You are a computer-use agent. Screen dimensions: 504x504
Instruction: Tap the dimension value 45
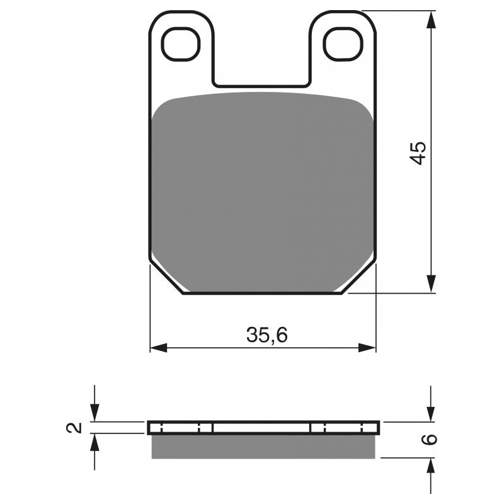click(x=418, y=153)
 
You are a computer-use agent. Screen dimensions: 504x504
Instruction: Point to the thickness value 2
click(x=75, y=428)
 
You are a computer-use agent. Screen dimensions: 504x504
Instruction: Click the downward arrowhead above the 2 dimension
click(x=94, y=413)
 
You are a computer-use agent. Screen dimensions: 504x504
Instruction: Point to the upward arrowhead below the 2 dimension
click(x=94, y=442)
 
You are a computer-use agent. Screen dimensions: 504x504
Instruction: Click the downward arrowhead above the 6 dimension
click(x=431, y=413)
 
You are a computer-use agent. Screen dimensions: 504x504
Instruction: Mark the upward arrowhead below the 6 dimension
click(x=431, y=467)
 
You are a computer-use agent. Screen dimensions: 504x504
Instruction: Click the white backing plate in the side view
click(x=263, y=428)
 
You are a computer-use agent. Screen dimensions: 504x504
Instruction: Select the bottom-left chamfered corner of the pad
click(x=166, y=279)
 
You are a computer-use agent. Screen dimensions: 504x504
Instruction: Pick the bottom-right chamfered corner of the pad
click(x=360, y=279)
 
